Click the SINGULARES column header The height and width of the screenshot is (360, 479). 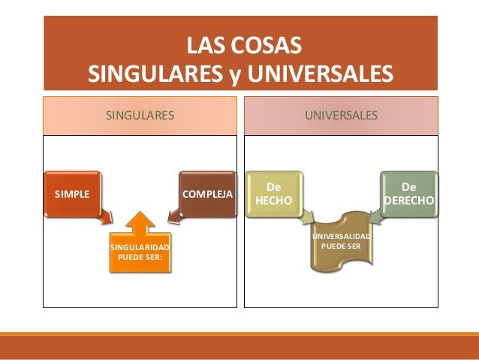pyautogui.click(x=140, y=116)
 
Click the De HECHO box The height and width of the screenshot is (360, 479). pyautogui.click(x=274, y=193)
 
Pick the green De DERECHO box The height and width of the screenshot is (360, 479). pyautogui.click(x=409, y=193)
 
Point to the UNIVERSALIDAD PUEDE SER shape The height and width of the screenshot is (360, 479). pyautogui.click(x=341, y=242)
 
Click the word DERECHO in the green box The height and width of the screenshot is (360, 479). pyautogui.click(x=409, y=200)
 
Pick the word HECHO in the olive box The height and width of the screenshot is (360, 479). pyautogui.click(x=274, y=200)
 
